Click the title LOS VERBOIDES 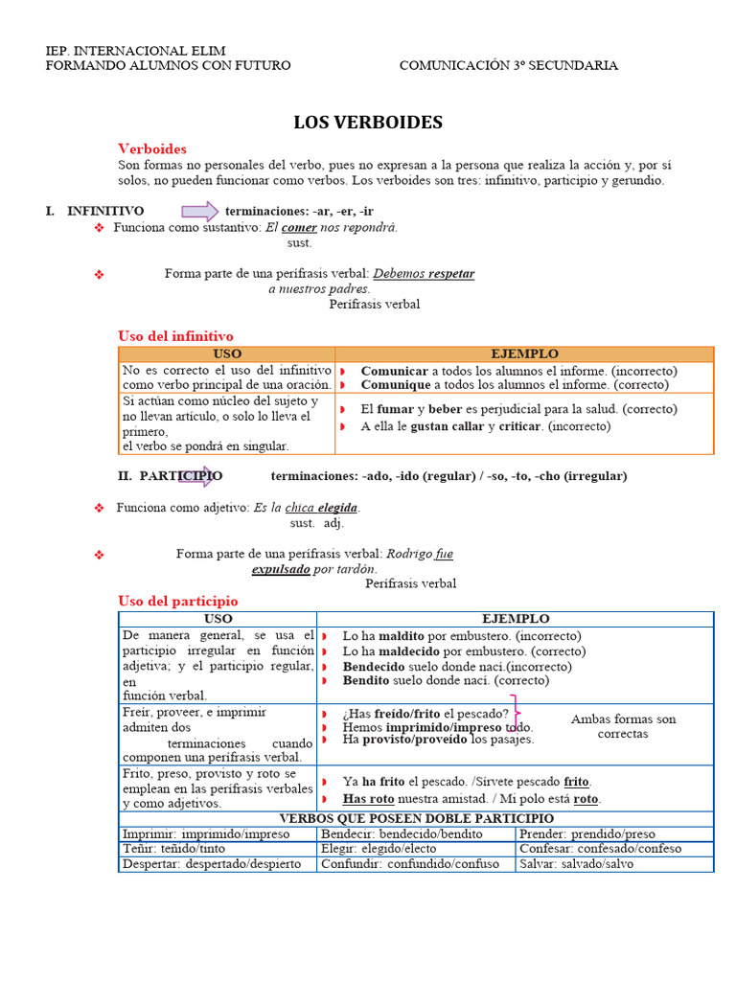(368, 123)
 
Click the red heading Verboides (151, 148)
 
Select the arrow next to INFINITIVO (199, 212)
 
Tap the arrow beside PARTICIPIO (196, 476)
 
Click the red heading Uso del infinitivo (175, 336)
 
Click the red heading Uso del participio (177, 601)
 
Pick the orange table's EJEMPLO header (524, 354)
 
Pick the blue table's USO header (218, 620)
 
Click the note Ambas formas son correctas (623, 726)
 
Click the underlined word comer (299, 228)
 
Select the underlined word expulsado (281, 569)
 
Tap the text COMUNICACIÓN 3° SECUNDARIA (508, 66)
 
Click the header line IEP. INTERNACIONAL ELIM (136, 50)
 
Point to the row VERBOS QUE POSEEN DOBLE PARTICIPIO (416, 818)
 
